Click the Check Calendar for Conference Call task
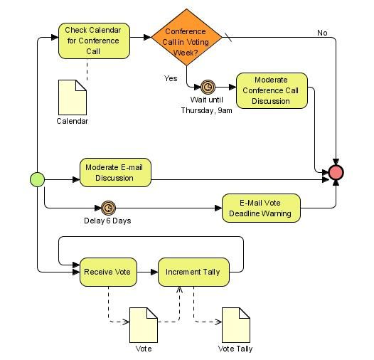94,41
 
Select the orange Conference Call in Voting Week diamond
186,38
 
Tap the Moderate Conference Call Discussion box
272,90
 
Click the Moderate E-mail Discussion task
115,172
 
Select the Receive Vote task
108,272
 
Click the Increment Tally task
193,272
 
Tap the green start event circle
37,179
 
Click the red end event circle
336,172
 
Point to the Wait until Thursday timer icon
208,87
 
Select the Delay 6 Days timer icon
108,208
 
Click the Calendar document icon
72,97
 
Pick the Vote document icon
143,324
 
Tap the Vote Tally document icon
235,324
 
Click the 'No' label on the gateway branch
322,33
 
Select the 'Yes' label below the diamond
171,78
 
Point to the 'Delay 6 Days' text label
107,221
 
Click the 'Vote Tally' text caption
235,349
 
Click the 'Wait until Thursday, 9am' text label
206,105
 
